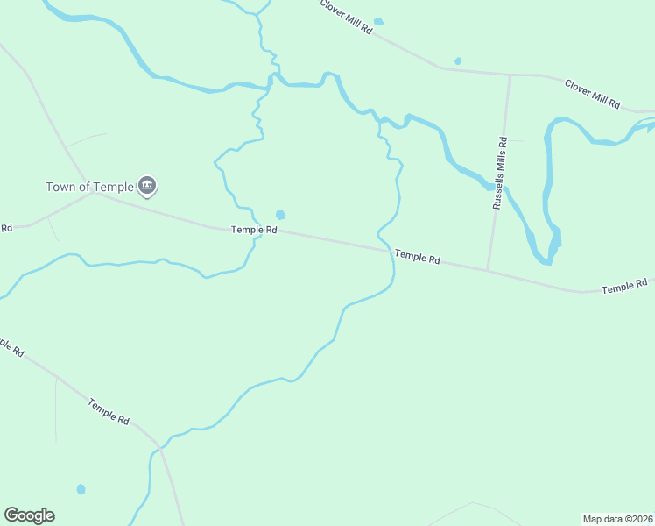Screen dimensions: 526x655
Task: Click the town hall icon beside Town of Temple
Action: click(147, 185)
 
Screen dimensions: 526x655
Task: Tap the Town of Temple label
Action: click(90, 187)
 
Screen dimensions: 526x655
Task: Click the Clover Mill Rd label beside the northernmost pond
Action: click(347, 17)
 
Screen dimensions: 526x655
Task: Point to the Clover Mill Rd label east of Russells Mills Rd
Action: click(593, 94)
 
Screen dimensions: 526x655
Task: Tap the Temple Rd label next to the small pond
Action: click(254, 230)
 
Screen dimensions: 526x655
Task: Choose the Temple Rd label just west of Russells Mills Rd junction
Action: click(417, 257)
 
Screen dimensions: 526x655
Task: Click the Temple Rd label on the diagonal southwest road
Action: click(109, 411)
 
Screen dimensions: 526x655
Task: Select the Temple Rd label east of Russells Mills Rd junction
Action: click(624, 287)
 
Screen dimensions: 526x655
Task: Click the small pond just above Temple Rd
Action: click(280, 215)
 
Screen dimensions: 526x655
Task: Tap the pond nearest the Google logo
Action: click(81, 489)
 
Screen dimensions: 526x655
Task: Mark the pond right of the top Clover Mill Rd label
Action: click(378, 21)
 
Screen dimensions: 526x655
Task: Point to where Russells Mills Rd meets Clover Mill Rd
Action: click(510, 75)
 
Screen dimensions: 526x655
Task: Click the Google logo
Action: click(29, 515)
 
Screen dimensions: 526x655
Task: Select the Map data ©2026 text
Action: click(617, 519)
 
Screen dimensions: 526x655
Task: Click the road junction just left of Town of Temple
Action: click(95, 193)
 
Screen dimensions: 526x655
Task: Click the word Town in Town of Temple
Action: click(61, 187)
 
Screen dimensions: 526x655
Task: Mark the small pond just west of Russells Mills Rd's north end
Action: click(458, 61)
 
